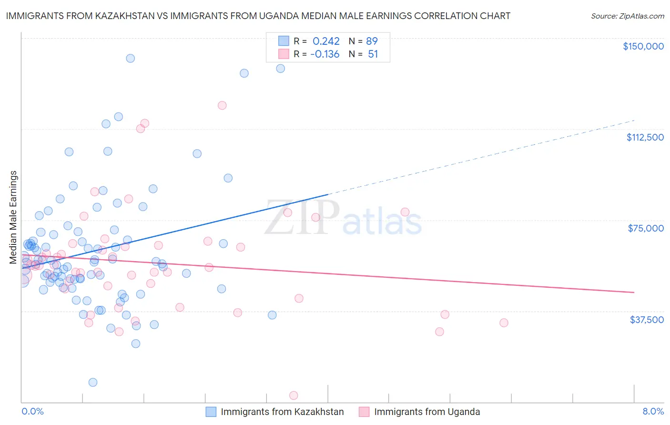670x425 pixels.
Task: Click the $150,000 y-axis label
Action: [643, 46]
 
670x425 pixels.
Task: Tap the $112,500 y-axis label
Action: [645, 137]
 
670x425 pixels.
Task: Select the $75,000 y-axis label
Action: [646, 228]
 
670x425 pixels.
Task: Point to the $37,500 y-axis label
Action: [646, 320]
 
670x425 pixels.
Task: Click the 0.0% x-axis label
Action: [32, 411]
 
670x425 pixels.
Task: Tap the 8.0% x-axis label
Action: [653, 411]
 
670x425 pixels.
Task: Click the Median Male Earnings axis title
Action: [13, 217]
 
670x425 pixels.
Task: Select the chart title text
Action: [258, 16]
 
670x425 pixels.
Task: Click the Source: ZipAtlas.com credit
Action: [627, 16]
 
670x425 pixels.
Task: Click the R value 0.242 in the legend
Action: [326, 41]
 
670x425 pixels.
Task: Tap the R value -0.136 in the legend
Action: [325, 54]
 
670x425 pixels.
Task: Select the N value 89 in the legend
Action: [372, 41]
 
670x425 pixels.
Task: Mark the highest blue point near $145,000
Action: [130, 59]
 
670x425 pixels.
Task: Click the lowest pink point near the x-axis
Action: [294, 395]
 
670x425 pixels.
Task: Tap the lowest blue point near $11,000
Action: [93, 382]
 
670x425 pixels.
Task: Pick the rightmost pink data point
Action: [504, 323]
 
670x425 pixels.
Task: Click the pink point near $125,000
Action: [222, 105]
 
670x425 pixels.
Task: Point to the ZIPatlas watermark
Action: [343, 218]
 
